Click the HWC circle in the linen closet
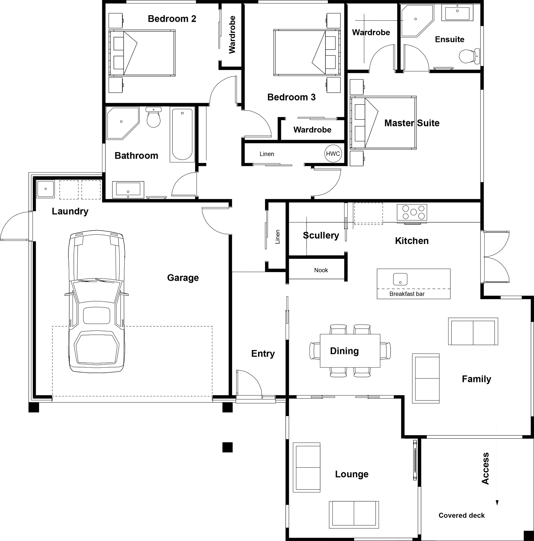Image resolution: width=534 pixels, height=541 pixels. [333, 154]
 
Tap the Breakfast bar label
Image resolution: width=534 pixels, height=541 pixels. [407, 294]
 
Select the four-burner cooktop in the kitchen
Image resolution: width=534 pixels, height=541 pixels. [412, 212]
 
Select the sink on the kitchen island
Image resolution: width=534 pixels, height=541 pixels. [400, 279]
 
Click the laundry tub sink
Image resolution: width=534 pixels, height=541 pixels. [45, 189]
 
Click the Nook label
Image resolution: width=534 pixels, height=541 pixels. [321, 270]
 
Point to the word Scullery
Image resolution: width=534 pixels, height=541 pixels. [321, 236]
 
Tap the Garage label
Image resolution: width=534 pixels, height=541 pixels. [183, 278]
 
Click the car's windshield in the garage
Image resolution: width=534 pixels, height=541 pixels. [97, 291]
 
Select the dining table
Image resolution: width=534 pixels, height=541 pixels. [350, 351]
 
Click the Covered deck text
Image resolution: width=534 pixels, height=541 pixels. [461, 516]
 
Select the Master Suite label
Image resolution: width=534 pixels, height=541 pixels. [412, 123]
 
